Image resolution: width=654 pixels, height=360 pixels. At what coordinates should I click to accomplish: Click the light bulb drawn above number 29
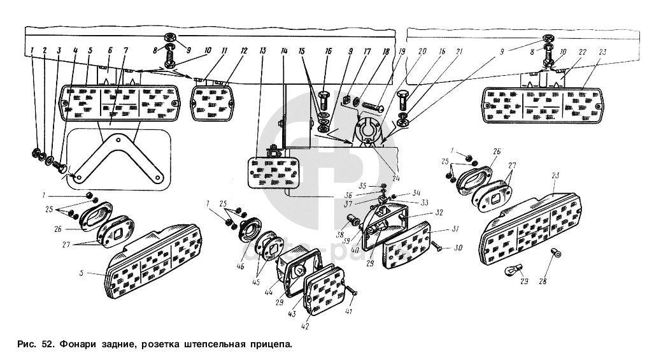tap(510, 271)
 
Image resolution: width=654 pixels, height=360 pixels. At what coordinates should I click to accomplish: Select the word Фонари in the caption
tap(80, 345)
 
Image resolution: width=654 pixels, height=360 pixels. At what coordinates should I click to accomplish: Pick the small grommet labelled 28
tap(557, 254)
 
